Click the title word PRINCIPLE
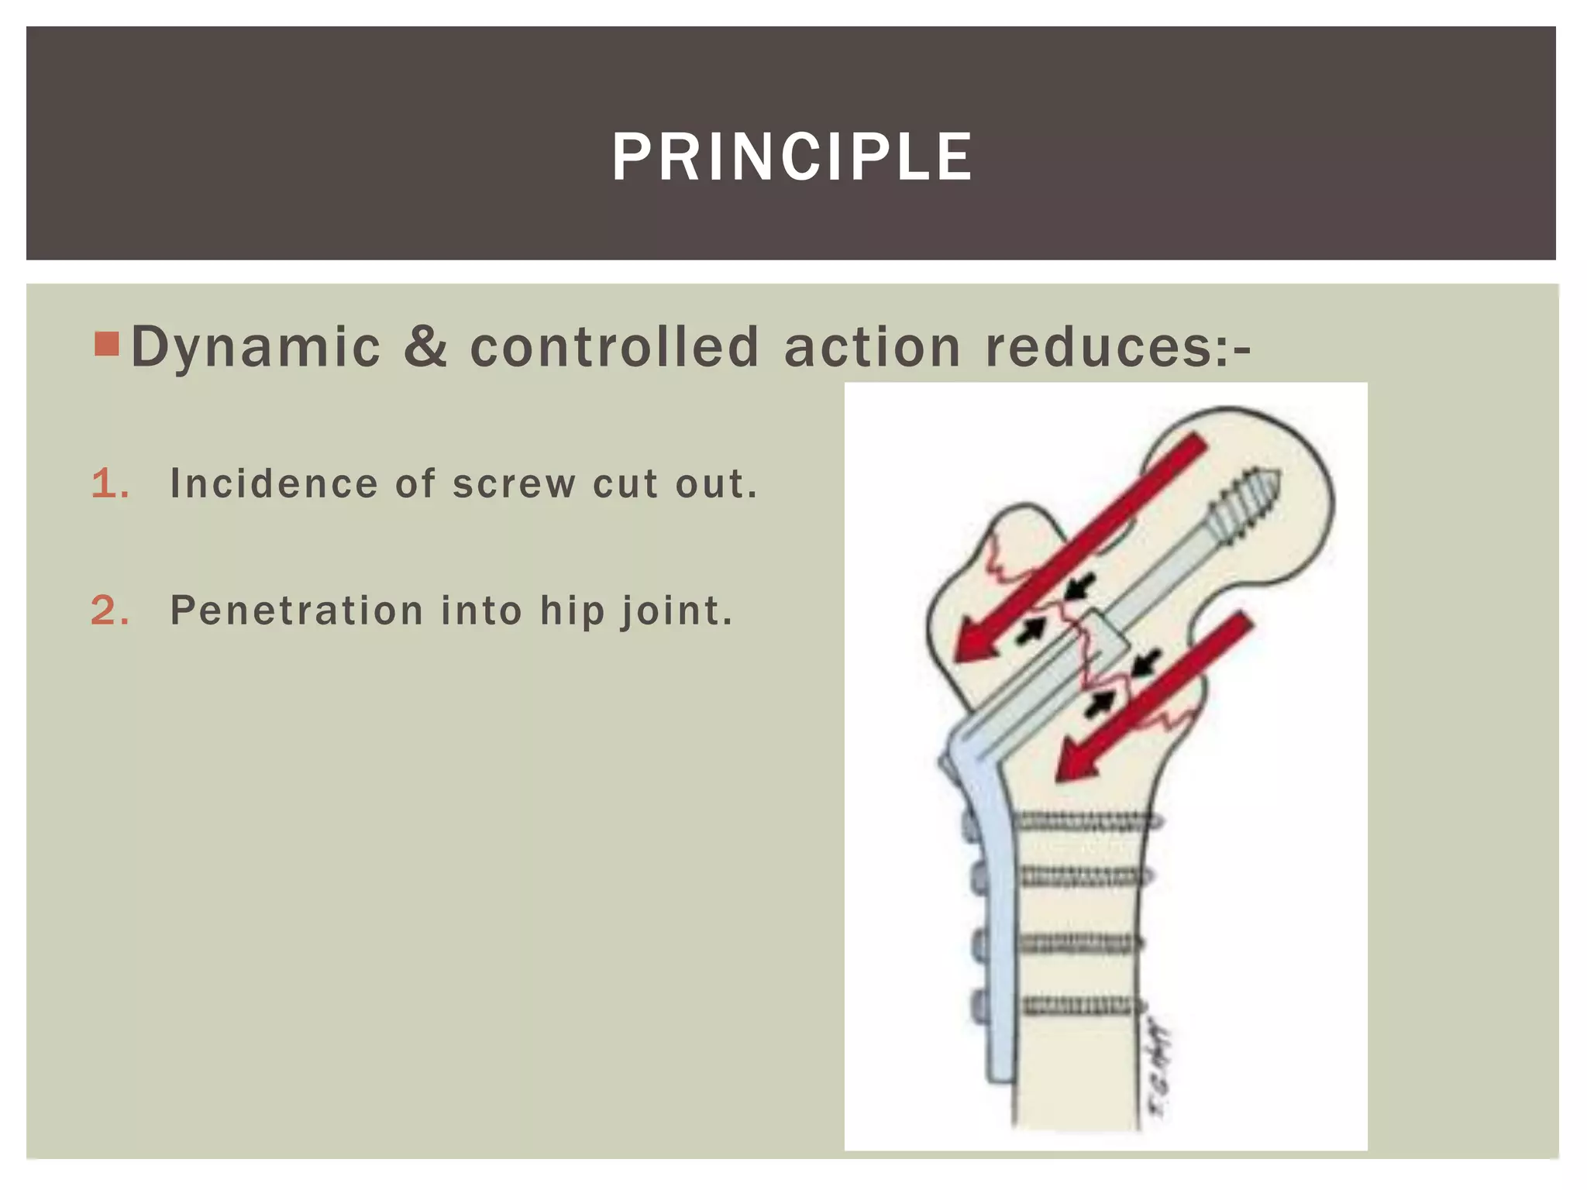(x=791, y=157)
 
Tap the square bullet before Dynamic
(x=106, y=343)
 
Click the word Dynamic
(x=256, y=348)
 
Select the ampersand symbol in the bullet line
(x=425, y=346)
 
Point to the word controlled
(x=614, y=346)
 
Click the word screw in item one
(x=514, y=484)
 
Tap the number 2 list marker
(x=109, y=610)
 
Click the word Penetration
(x=297, y=610)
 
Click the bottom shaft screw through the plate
(x=1081, y=1006)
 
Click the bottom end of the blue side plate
(x=1000, y=1073)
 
